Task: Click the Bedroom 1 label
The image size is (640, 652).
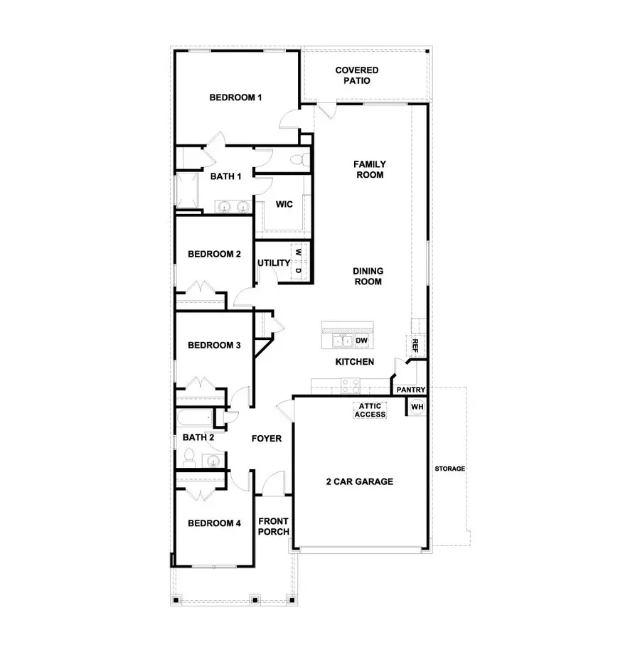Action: [x=235, y=97]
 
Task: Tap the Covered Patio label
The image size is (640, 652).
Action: [x=357, y=75]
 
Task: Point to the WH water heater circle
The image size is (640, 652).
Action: [x=417, y=406]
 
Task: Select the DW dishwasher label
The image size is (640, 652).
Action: [x=362, y=340]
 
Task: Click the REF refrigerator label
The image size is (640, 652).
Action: [x=415, y=345]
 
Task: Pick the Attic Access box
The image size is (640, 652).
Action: [x=370, y=410]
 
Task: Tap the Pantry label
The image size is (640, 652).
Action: [x=411, y=390]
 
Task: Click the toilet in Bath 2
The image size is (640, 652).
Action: [x=189, y=458]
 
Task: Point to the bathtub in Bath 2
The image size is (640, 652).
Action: [x=195, y=418]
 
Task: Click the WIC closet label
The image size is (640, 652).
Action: [x=284, y=204]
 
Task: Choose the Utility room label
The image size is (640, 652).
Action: [x=274, y=263]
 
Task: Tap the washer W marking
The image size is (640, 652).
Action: [x=298, y=252]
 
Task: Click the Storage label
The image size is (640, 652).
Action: [x=450, y=469]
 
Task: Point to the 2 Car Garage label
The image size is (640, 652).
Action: [x=360, y=481]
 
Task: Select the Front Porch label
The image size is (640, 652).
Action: [x=273, y=526]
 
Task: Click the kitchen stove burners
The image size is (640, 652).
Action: [x=351, y=386]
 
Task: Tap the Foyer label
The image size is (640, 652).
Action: [x=267, y=438]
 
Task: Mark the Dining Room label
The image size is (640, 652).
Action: [x=368, y=276]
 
